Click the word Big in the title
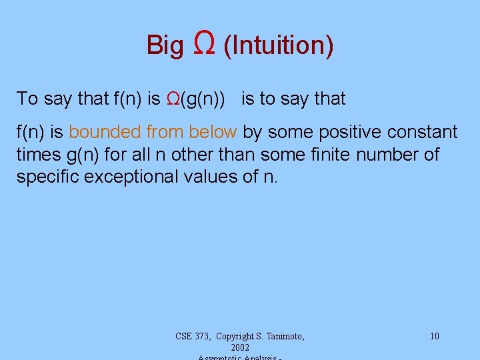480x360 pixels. [165, 45]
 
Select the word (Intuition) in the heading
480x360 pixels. [279, 45]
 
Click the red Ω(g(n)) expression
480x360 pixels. [199, 99]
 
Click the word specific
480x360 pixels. [51, 177]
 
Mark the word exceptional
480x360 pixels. [139, 177]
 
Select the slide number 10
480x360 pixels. [434, 336]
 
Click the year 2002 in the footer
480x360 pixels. [239, 347]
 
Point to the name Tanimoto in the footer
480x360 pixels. [283, 336]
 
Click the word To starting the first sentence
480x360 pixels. [27, 99]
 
